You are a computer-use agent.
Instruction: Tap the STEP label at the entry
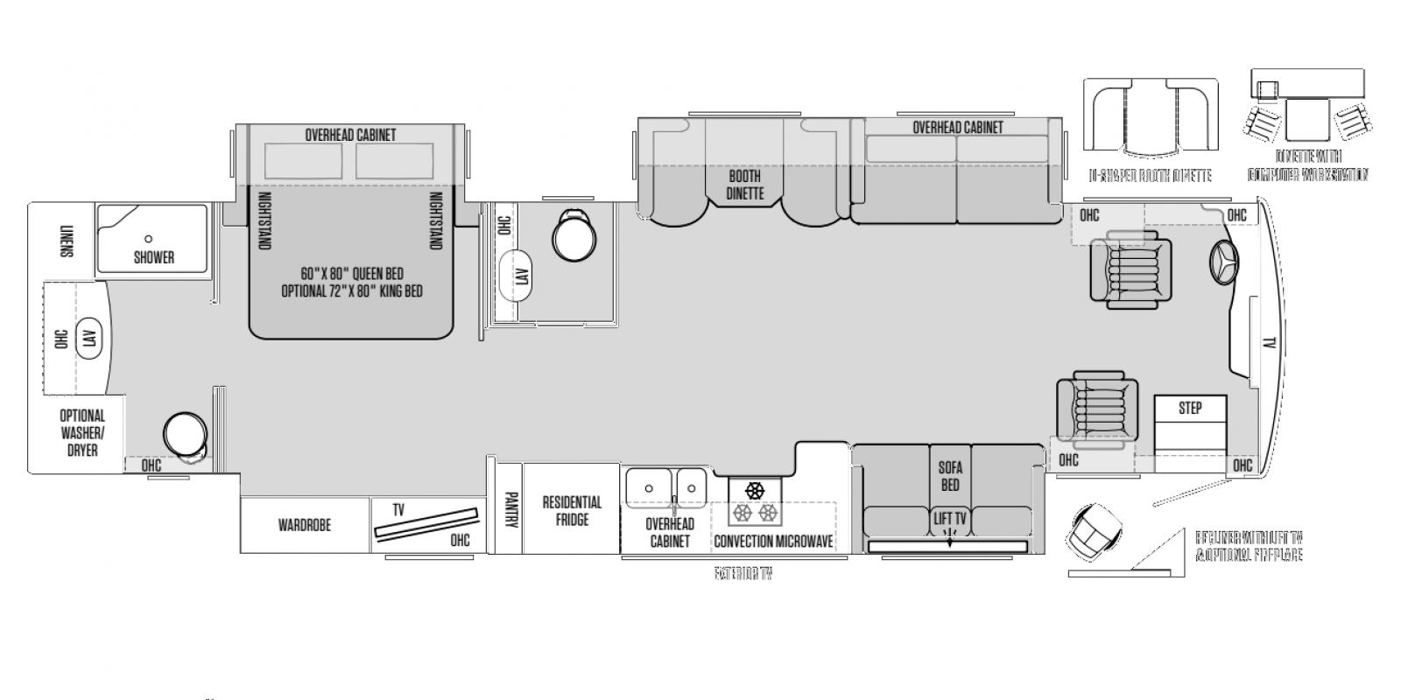click(1190, 408)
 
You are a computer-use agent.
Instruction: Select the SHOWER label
click(154, 257)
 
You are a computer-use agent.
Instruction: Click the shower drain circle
click(149, 238)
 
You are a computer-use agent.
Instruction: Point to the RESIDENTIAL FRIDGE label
click(572, 511)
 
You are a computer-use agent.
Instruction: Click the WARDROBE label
click(305, 526)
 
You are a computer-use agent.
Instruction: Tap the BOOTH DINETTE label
click(745, 185)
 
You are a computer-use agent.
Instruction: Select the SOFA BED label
click(950, 477)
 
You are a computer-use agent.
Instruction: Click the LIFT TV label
click(950, 519)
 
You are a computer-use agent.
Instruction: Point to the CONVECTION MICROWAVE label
click(773, 542)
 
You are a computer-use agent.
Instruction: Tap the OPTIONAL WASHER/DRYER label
click(82, 432)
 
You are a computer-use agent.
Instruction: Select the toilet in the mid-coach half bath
click(573, 234)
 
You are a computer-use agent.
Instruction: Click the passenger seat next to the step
click(1097, 409)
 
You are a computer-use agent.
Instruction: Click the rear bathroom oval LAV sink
click(89, 339)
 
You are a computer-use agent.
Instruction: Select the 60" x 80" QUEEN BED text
click(352, 273)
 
